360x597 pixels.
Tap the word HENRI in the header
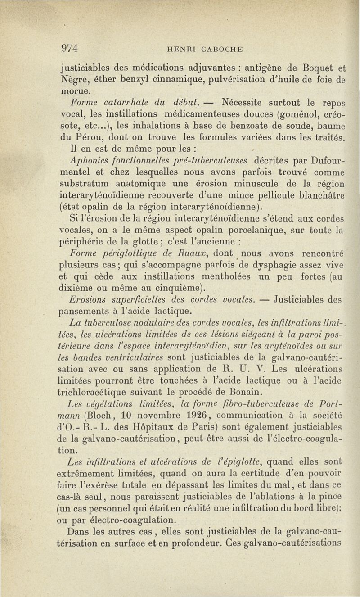click(x=180, y=49)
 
